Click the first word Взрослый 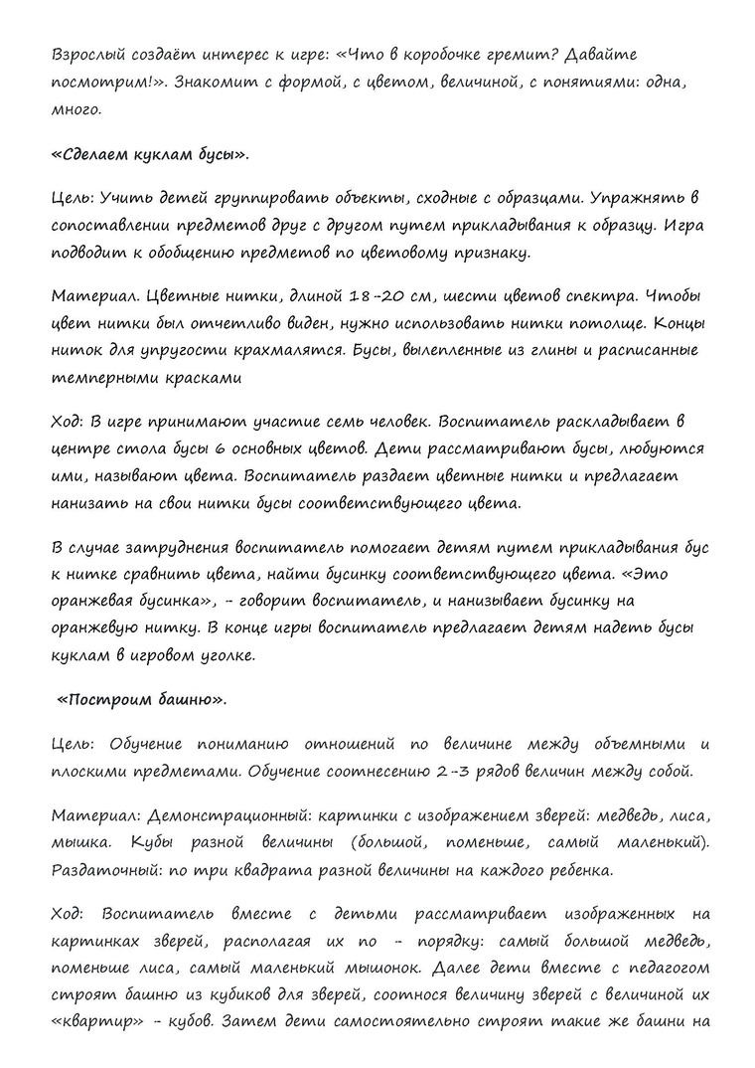(88, 55)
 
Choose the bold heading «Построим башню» (141, 700)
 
